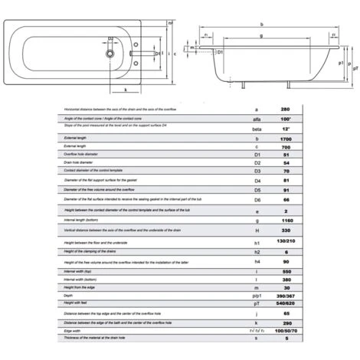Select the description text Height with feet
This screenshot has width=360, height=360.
(77, 302)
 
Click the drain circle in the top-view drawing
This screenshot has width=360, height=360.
(112, 55)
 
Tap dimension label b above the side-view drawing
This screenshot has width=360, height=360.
(262, 24)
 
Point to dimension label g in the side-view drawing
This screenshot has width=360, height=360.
(262, 35)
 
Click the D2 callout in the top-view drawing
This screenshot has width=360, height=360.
(112, 38)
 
